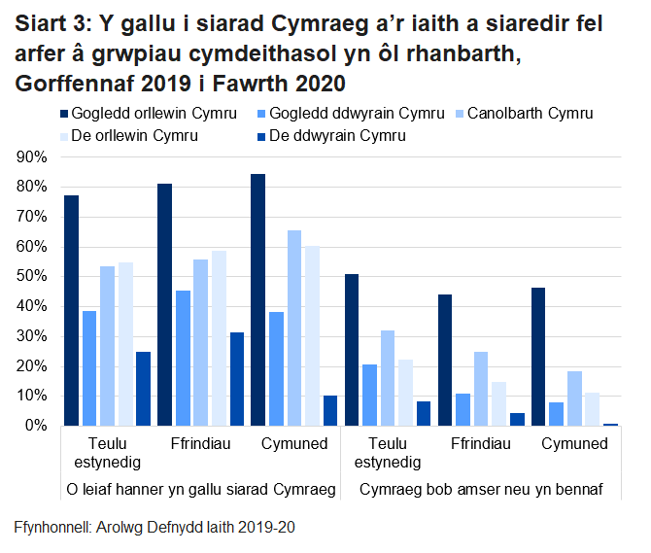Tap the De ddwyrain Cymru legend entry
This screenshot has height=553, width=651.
click(336, 136)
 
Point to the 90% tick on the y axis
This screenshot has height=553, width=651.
click(32, 156)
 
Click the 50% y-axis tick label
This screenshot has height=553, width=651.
click(32, 277)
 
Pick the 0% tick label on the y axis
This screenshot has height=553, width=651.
click(36, 426)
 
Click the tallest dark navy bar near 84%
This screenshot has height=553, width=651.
click(258, 300)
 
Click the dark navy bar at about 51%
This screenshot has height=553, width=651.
click(351, 350)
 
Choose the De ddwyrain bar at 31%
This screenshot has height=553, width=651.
click(237, 379)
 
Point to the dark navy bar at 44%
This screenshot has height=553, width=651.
click(445, 361)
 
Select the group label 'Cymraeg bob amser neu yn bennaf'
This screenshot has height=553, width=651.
click(480, 489)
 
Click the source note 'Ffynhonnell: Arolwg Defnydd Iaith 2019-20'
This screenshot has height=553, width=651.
click(154, 528)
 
